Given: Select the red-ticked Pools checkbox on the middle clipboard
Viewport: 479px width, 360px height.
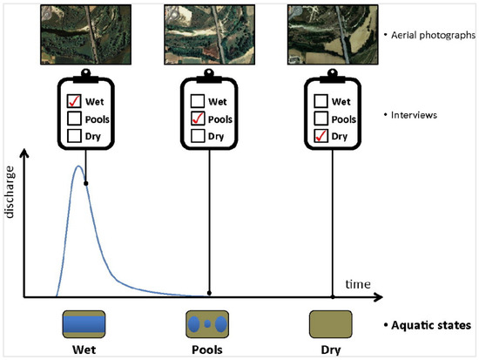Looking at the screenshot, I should coord(197,119).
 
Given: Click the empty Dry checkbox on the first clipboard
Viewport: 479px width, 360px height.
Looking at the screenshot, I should coord(72,135).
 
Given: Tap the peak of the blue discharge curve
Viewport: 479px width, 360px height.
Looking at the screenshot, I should coord(78,166).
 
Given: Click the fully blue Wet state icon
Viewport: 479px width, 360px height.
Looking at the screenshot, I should coord(84,323).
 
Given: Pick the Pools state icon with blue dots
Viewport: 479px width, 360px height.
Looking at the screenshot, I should coord(208,323).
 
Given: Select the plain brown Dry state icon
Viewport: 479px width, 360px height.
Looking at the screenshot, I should coord(331,323).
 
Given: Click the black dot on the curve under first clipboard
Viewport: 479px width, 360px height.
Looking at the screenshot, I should coord(85,183).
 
